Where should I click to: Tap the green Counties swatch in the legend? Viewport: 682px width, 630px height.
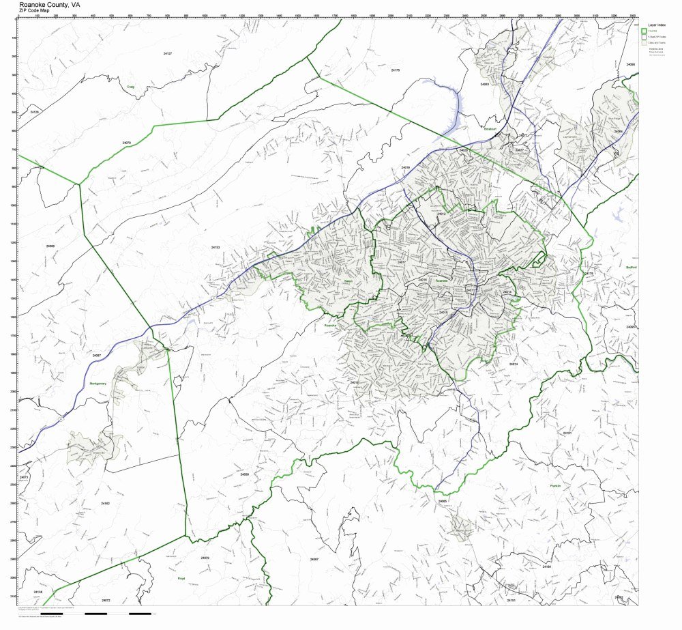643,30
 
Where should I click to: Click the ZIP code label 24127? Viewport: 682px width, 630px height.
168,53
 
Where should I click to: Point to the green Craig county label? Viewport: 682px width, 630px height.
130,87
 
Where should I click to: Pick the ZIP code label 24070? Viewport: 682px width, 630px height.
126,143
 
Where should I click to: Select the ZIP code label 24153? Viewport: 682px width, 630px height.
215,247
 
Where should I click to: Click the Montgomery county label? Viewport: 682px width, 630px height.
98,384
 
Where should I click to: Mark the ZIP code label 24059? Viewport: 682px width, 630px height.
244,474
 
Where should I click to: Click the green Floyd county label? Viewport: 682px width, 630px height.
181,578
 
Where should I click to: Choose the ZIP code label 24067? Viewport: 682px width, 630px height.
314,559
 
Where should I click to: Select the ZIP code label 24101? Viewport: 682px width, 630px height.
567,433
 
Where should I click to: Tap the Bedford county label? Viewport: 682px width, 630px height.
631,268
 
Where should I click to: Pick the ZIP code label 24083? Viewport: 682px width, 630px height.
484,84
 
